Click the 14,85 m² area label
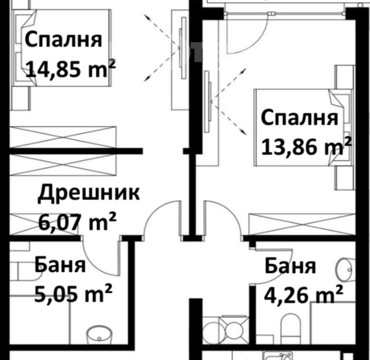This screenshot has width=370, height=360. coord(70,69)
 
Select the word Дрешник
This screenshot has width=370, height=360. coord(89,195)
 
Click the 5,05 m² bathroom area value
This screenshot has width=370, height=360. coord(73,293)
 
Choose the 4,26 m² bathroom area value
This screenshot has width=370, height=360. coord(304,294)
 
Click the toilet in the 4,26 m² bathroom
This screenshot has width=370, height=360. coord(291,328)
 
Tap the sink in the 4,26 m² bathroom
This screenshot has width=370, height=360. coord(345,270)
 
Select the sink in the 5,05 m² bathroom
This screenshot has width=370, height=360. coord(99,335)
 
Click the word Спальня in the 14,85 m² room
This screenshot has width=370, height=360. coord(63,40)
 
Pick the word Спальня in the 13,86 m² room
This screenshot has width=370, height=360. coord(300,118)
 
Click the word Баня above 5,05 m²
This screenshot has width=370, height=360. coord(60,266)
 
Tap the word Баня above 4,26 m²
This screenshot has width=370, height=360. coord(290,266)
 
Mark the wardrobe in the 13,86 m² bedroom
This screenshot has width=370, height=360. coord(302,225)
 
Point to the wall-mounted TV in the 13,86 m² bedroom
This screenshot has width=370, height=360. coord(207,102)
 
